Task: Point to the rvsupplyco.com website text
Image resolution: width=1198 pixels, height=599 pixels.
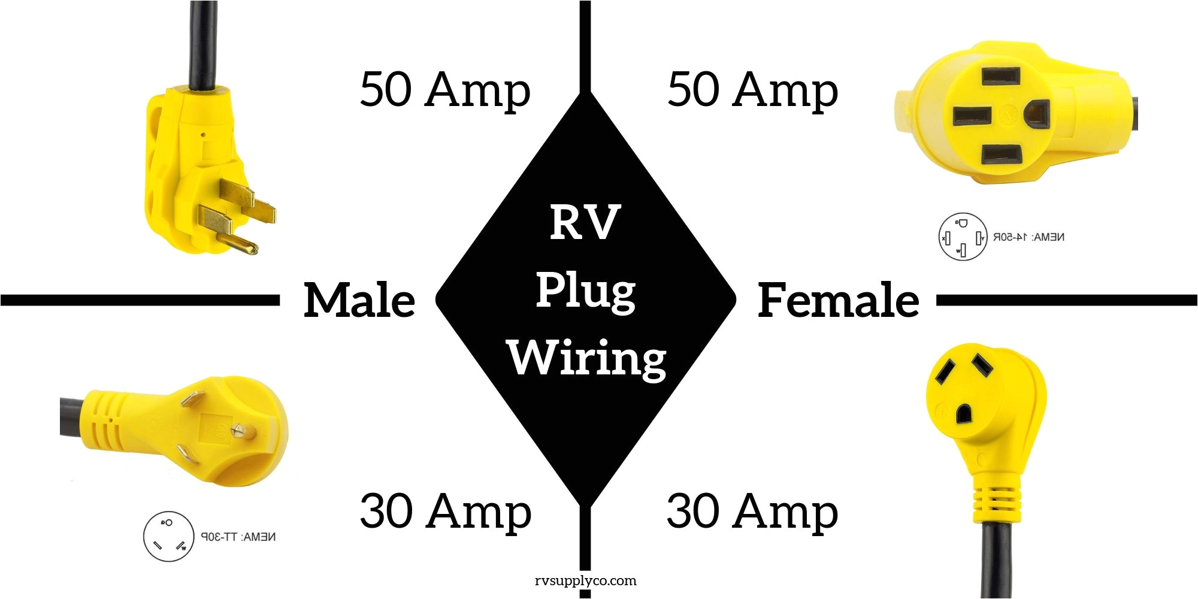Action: coord(585,580)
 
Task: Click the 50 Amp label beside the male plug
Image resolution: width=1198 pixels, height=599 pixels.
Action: coord(445,90)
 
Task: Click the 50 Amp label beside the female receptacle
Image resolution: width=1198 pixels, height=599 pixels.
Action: coord(752,90)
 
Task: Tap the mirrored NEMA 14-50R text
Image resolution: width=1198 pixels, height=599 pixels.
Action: coord(1028,237)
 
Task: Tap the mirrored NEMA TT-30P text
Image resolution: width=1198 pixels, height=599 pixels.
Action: coord(238,537)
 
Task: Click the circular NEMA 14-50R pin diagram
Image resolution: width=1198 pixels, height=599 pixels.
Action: coord(962,237)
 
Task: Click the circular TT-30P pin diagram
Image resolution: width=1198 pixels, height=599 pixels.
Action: coord(168,536)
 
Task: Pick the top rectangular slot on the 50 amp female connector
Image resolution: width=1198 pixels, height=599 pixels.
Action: coord(1001,77)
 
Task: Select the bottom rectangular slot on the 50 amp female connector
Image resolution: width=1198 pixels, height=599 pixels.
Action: coord(1001,155)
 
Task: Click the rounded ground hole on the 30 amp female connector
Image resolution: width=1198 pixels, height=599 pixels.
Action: coord(964,413)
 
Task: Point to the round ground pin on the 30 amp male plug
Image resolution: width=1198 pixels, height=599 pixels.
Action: coord(243,431)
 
